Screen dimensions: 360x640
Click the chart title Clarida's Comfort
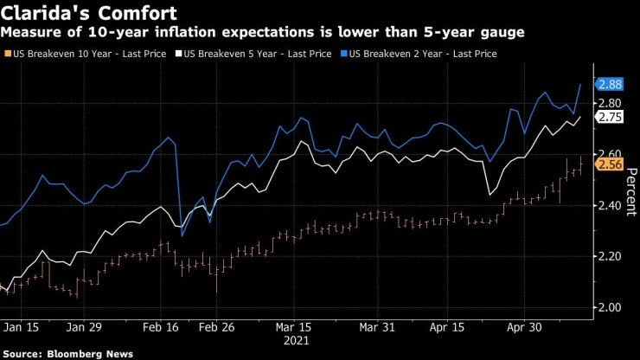(x=90, y=13)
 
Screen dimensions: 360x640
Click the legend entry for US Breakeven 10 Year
(x=66, y=54)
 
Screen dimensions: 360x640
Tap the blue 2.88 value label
(x=610, y=83)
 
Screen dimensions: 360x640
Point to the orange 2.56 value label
(x=610, y=164)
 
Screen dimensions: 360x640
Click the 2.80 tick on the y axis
(x=609, y=103)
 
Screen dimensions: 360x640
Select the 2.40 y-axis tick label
(x=609, y=205)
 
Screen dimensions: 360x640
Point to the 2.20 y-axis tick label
(x=609, y=256)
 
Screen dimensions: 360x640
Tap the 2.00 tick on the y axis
(x=609, y=307)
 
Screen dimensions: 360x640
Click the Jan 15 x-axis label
(x=22, y=329)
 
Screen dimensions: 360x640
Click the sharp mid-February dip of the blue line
(x=182, y=235)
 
